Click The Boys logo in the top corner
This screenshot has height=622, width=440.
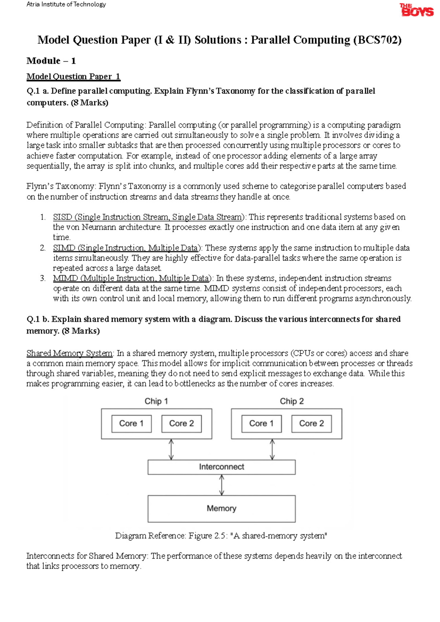[x=416, y=10]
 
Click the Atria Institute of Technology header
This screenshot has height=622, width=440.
[x=66, y=4]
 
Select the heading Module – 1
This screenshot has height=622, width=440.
[x=51, y=61]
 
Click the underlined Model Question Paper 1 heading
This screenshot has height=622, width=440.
[x=73, y=77]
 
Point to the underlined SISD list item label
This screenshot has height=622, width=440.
[x=148, y=217]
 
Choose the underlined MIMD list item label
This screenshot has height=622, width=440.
[x=132, y=278]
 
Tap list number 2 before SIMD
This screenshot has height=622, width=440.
[x=43, y=248]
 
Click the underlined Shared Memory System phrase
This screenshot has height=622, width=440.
[x=69, y=353]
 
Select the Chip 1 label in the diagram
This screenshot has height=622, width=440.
[x=156, y=401]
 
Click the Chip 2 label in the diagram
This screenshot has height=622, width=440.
[x=292, y=401]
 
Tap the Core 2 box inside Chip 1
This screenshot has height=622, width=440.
[x=181, y=424]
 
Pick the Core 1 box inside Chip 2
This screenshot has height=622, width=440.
[x=261, y=424]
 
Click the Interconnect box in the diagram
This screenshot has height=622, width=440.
[x=221, y=467]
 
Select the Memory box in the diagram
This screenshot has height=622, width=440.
[x=221, y=509]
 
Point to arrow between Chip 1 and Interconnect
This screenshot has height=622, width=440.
[x=171, y=449]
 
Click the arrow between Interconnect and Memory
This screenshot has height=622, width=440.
[x=221, y=485]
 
